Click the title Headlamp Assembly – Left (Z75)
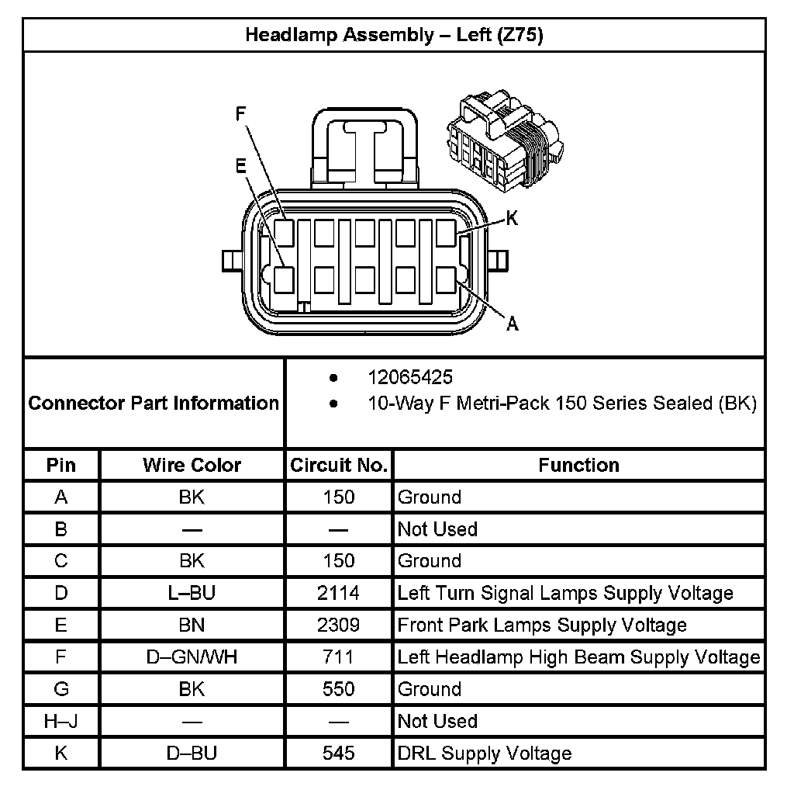pos(394,35)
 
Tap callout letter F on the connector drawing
pos(240,113)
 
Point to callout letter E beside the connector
pos(240,165)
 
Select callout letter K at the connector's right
pos(512,219)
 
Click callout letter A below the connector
pos(512,324)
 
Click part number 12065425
pos(410,378)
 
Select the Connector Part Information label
pos(154,403)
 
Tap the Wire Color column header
pos(192,465)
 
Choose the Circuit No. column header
pos(339,465)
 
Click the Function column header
pos(578,465)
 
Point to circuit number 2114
pos(339,594)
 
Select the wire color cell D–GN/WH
pos(192,657)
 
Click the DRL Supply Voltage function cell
pos(485,754)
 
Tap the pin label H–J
pos(60,722)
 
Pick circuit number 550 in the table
pos(339,689)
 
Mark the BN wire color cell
pos(192,625)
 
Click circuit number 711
pos(339,657)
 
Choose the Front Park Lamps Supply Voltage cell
pos(542,625)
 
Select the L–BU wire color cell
pos(192,594)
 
